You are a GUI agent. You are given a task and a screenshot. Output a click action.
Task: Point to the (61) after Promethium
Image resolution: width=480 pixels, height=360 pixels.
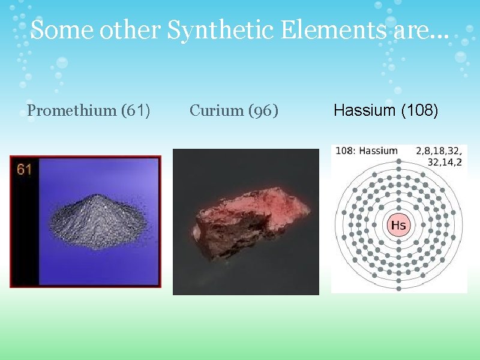coord(136,110)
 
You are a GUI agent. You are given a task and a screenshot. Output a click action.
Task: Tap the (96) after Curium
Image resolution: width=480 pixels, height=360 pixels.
coord(262,110)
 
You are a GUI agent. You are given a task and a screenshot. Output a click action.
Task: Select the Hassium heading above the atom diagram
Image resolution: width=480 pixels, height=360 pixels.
coord(361,110)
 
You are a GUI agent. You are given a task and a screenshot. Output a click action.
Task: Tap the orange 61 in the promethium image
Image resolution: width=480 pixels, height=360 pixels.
coord(24,170)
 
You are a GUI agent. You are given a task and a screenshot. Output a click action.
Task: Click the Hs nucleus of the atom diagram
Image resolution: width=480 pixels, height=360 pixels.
coord(398,226)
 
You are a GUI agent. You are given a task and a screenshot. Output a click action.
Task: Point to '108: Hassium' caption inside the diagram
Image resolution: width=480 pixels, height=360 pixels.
coord(367,151)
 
